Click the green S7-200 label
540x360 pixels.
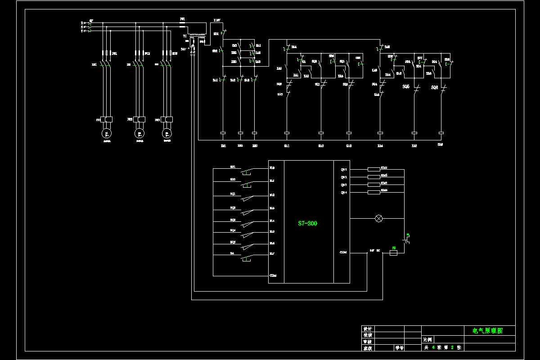(308, 223)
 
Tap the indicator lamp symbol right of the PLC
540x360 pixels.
(378, 219)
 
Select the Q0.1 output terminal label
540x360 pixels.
(343, 170)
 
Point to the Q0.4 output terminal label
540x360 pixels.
(343, 193)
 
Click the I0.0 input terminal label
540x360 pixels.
(272, 168)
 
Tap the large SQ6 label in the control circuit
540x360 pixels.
(434, 87)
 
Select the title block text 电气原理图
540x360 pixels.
(487, 330)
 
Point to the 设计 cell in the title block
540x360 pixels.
(368, 329)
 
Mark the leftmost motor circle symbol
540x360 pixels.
(107, 133)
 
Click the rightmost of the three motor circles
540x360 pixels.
(167, 133)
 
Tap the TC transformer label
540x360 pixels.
(185, 36)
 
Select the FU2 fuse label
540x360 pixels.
(147, 54)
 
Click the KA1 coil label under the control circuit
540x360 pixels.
(287, 146)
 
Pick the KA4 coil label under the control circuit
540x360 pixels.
(380, 146)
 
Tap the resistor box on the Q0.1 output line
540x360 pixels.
(373, 170)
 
